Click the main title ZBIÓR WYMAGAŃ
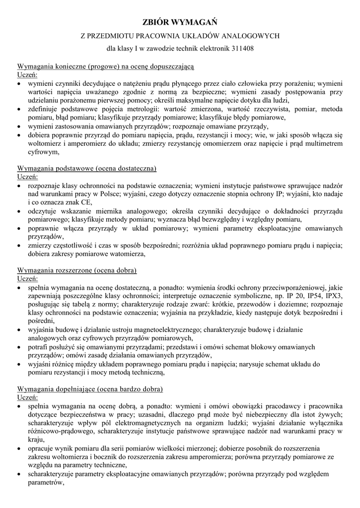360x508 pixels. (x=180, y=22)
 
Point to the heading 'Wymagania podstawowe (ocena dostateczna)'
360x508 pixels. (x=87, y=169)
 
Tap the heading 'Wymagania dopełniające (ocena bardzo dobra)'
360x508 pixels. (x=90, y=388)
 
